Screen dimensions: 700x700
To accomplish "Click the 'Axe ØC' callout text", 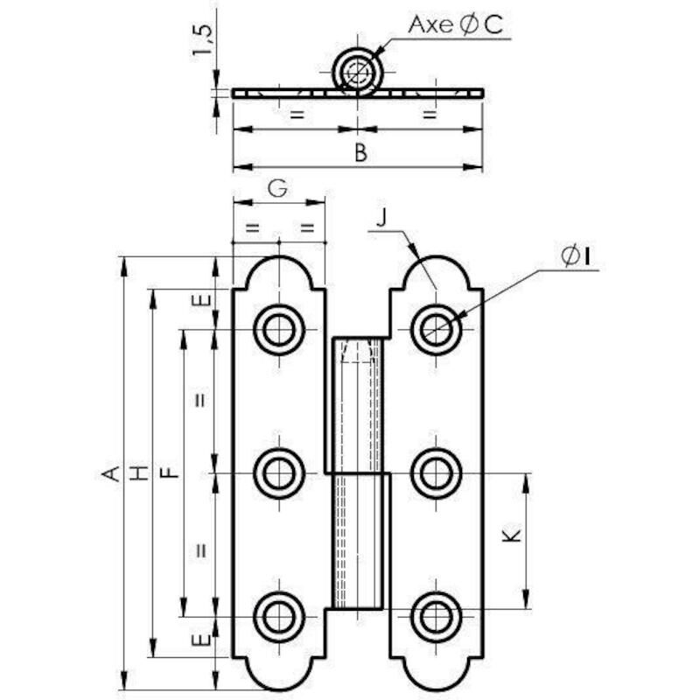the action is point(455,24).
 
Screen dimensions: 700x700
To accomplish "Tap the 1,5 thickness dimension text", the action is point(203,40).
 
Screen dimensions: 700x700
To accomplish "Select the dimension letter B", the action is point(360,152).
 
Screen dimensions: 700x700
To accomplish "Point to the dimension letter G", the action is point(277,188).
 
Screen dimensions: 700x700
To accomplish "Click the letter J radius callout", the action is point(381,217).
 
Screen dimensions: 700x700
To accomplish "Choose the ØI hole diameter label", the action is point(576,256).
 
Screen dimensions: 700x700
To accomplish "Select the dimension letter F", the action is point(169,472).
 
